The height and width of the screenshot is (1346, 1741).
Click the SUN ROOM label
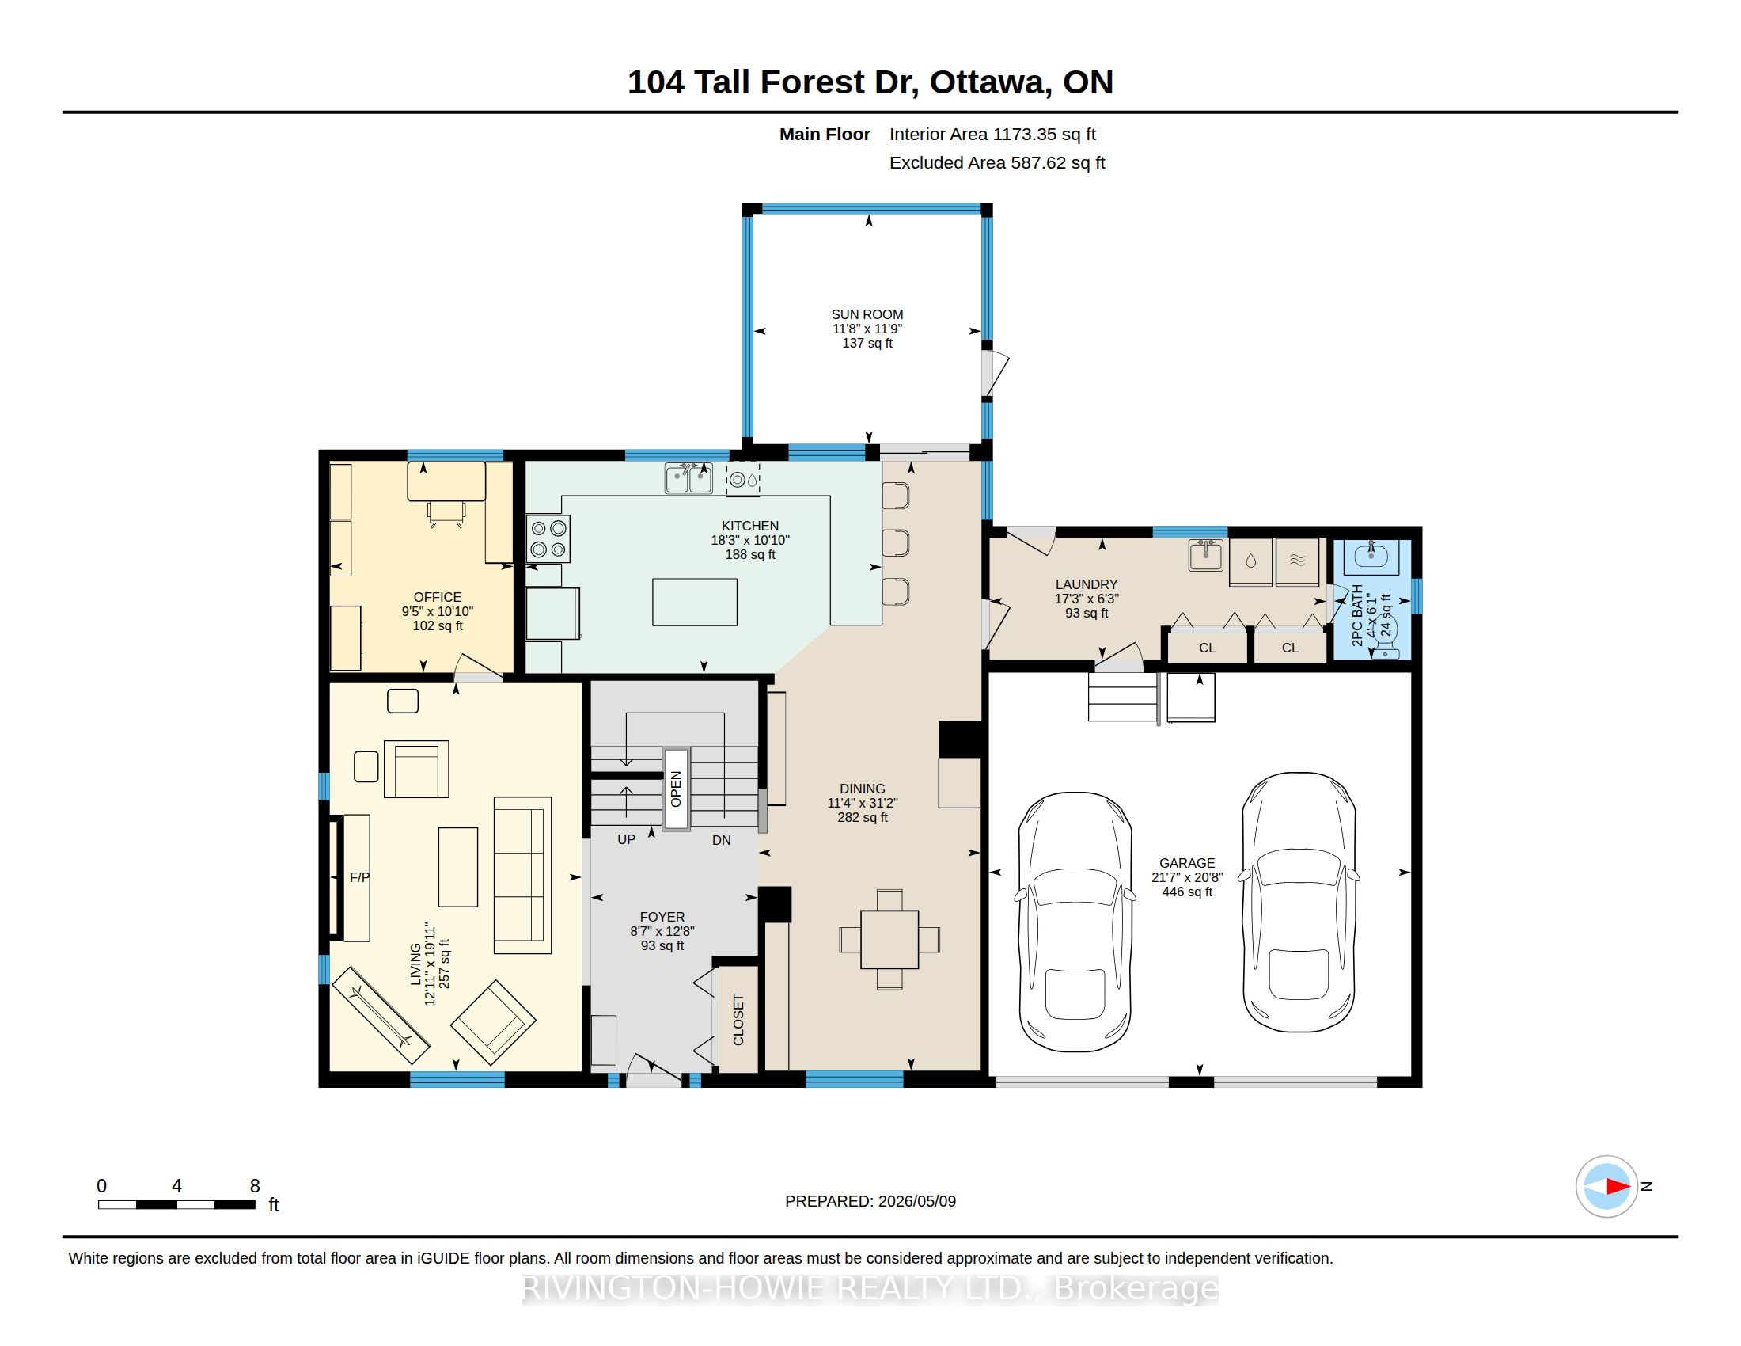[867, 314]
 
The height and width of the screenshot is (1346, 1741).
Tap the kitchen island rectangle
[694, 602]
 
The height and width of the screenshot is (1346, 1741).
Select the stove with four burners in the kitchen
[548, 539]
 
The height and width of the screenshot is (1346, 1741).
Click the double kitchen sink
[688, 479]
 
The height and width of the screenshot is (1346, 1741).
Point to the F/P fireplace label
[359, 877]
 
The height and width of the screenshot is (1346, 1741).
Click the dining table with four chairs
[889, 939]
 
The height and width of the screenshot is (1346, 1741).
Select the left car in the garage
[1075, 922]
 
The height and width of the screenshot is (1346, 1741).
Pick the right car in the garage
[1299, 902]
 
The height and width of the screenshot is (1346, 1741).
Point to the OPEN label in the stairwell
[676, 789]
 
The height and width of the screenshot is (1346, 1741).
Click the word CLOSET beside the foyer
[738, 1020]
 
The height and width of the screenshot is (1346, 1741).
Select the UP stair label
[627, 839]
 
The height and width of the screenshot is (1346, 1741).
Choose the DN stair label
[722, 839]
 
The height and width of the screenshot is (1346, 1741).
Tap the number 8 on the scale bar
[255, 1186]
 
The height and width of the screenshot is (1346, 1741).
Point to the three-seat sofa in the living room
[522, 875]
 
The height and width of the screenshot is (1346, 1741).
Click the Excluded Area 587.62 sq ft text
[997, 162]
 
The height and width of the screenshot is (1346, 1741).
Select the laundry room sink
[1205, 555]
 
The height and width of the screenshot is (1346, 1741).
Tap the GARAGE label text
[1187, 863]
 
